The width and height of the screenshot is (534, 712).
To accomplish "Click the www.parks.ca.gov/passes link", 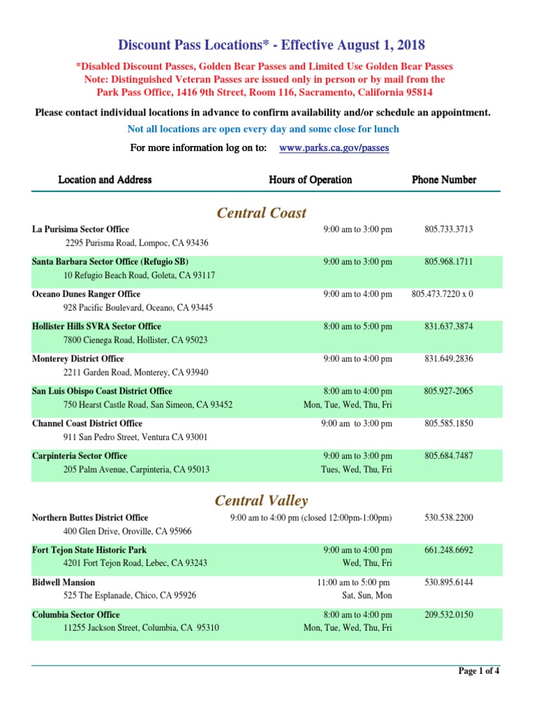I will click(333, 148).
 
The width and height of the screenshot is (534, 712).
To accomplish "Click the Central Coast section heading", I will click(261, 213).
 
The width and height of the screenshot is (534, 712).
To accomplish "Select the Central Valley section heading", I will click(261, 501).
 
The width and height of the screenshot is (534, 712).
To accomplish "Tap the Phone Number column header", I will click(444, 180).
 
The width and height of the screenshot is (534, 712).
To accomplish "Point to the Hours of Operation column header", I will click(310, 180).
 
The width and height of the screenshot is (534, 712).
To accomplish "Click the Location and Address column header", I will click(105, 180).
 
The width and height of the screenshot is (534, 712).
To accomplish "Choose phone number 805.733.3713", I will click(448, 229).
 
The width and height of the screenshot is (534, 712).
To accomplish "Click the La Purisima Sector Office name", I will click(81, 229).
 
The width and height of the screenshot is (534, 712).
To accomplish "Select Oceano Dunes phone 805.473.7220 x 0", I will click(442, 294).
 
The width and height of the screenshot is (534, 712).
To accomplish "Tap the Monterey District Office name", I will click(78, 359).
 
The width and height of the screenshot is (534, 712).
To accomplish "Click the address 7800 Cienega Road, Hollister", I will click(135, 340).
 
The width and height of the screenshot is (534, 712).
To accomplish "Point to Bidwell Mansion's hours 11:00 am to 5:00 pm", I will click(353, 583).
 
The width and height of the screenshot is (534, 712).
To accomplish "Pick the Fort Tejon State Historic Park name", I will click(89, 550).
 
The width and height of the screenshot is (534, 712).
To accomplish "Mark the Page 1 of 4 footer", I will click(478, 671).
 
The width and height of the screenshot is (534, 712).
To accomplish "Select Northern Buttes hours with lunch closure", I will click(311, 518).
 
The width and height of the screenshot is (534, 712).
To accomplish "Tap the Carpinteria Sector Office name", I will click(79, 456).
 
